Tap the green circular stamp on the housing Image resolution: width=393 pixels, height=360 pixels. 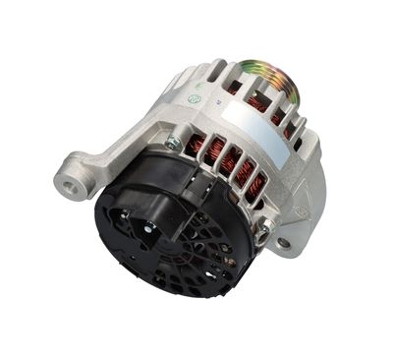coord(195,99)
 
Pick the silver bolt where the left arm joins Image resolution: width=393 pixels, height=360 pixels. coord(174,143)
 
